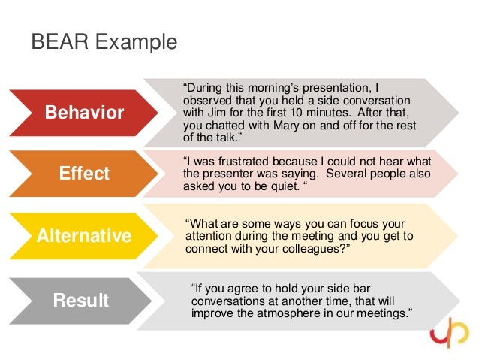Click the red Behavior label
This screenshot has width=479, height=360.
tap(84, 113)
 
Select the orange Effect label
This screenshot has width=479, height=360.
tap(84, 174)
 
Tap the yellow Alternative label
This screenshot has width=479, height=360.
tap(84, 236)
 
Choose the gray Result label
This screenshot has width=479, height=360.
tap(80, 301)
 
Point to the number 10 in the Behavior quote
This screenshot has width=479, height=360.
tap(301, 113)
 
